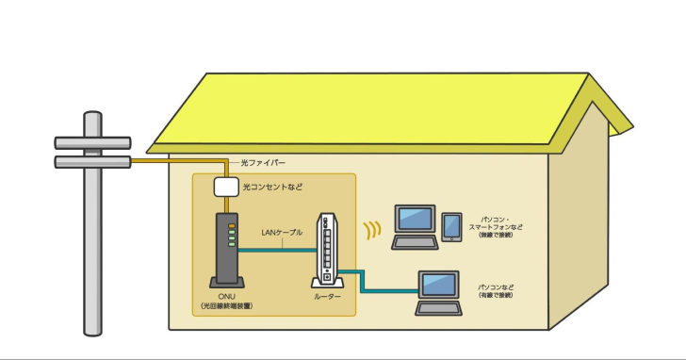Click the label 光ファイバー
click(265, 163)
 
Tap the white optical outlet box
click(226, 186)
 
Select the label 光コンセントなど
click(273, 188)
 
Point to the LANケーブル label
click(282, 232)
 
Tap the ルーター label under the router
click(327, 298)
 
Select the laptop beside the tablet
click(414, 225)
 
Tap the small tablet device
click(452, 226)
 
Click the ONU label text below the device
click(225, 303)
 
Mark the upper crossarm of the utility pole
click(91, 143)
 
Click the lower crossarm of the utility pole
click(91, 163)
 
